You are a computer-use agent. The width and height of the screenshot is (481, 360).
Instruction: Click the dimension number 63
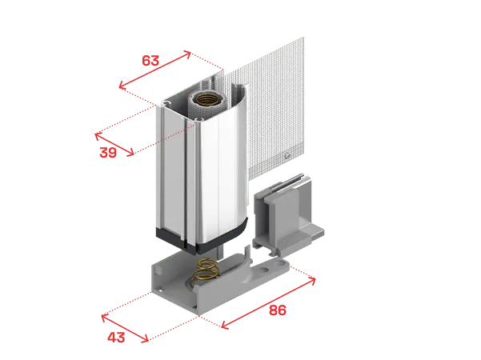(x=150, y=61)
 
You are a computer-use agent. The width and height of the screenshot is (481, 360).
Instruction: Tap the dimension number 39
(x=108, y=152)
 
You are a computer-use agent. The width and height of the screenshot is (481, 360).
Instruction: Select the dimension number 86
(x=278, y=310)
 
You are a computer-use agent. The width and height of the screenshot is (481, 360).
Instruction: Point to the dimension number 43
(x=116, y=338)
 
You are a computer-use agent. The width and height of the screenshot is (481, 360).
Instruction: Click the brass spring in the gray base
(x=205, y=271)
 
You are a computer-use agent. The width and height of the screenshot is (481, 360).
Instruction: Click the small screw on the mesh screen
(x=287, y=155)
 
